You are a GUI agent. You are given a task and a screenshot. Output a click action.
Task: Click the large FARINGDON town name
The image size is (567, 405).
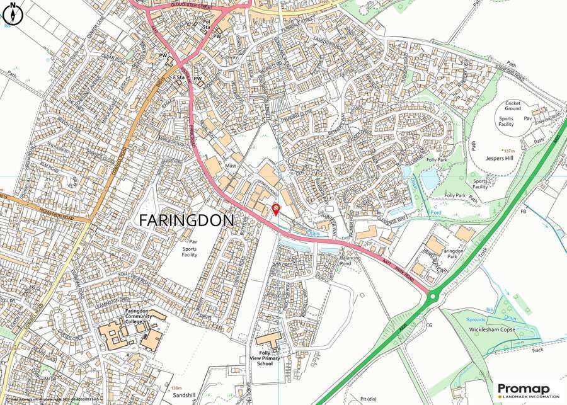(x=185, y=220)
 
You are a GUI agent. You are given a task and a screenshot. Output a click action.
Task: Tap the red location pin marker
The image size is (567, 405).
(x=275, y=210)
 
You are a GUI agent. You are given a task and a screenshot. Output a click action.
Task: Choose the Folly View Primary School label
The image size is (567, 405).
(x=265, y=358)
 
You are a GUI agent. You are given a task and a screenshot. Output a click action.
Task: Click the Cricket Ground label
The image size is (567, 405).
(x=512, y=105)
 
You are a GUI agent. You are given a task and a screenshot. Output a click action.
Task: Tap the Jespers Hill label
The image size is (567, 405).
(x=501, y=159)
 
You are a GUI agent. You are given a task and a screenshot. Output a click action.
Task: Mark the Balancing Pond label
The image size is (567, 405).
(x=350, y=261)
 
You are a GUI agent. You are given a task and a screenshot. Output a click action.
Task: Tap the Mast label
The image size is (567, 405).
(x=230, y=166)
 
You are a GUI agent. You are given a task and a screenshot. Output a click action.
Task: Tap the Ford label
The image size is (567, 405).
(x=434, y=212)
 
